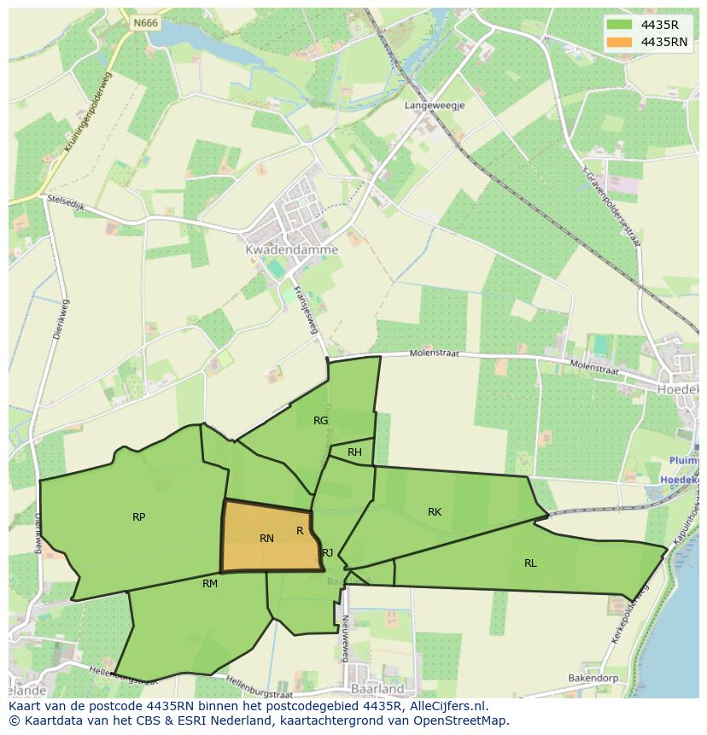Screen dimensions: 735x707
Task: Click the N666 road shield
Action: [x=146, y=24]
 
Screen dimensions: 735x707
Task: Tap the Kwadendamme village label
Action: [x=291, y=250]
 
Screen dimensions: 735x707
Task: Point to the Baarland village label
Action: [x=377, y=688]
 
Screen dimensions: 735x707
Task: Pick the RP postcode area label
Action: [x=138, y=516]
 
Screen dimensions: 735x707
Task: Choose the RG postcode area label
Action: [x=321, y=420]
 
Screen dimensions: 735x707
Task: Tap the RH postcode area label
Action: [x=354, y=452]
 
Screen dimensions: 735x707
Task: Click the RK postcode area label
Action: [x=435, y=512]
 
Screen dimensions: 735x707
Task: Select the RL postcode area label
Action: [x=530, y=563]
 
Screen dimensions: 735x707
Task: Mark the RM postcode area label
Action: [x=210, y=584]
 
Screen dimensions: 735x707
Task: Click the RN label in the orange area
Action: [x=266, y=539]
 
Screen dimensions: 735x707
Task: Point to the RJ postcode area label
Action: [x=327, y=553]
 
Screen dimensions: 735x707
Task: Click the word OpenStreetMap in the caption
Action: [x=462, y=720]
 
